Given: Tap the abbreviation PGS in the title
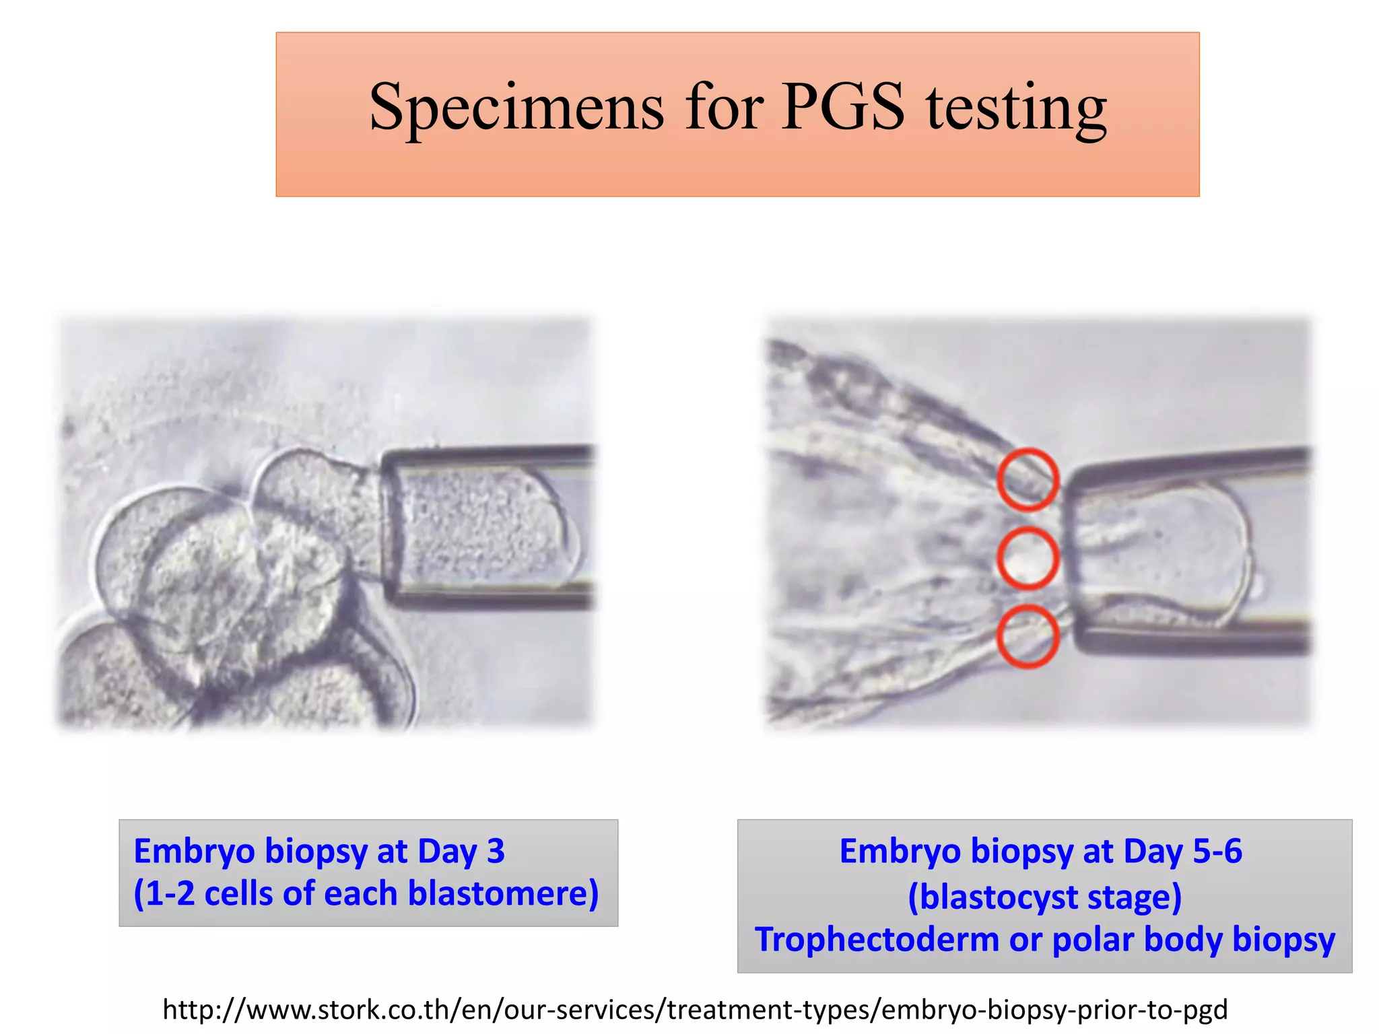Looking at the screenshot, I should [843, 108].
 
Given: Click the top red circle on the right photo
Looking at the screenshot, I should [1028, 479].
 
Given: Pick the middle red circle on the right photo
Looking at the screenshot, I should [1028, 558].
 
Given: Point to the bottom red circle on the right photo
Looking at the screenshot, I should [1028, 636].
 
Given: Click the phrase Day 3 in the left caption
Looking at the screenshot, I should [461, 851].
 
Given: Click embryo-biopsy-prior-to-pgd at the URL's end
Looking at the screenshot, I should [1054, 1009].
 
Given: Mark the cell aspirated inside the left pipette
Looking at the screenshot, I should [481, 525].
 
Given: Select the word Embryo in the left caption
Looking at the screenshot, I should [195, 851].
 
